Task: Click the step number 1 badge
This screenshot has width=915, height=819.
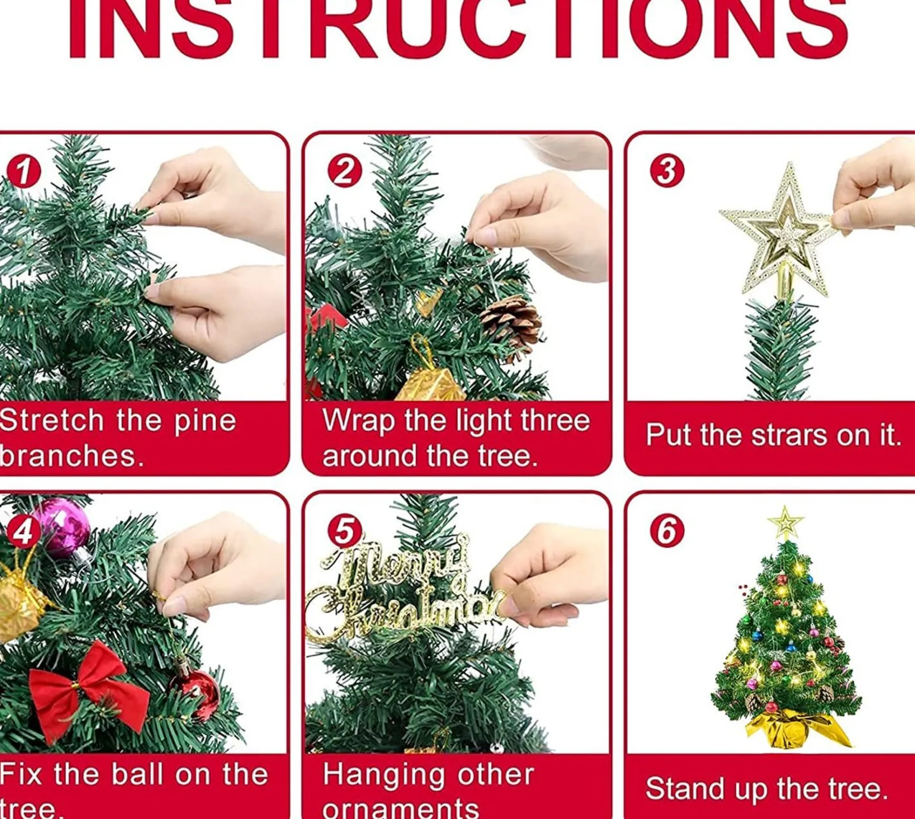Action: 23,171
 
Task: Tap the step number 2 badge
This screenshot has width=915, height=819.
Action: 345,171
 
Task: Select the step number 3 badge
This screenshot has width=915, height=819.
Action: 667,171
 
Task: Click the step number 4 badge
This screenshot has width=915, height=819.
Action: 22,530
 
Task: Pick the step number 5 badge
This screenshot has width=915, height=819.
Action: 345,530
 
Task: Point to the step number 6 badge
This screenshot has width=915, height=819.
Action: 667,530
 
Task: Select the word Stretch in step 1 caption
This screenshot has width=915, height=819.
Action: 51,420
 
